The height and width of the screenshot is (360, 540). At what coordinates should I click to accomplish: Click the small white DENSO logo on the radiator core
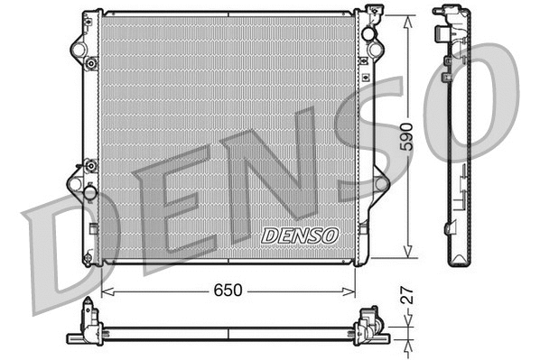point(299,235)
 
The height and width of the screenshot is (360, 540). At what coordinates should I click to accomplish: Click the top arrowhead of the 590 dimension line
point(410,14)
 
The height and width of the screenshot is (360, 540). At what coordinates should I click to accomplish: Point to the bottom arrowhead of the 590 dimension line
point(410,256)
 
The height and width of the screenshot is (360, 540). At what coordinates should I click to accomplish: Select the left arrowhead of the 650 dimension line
point(107,292)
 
